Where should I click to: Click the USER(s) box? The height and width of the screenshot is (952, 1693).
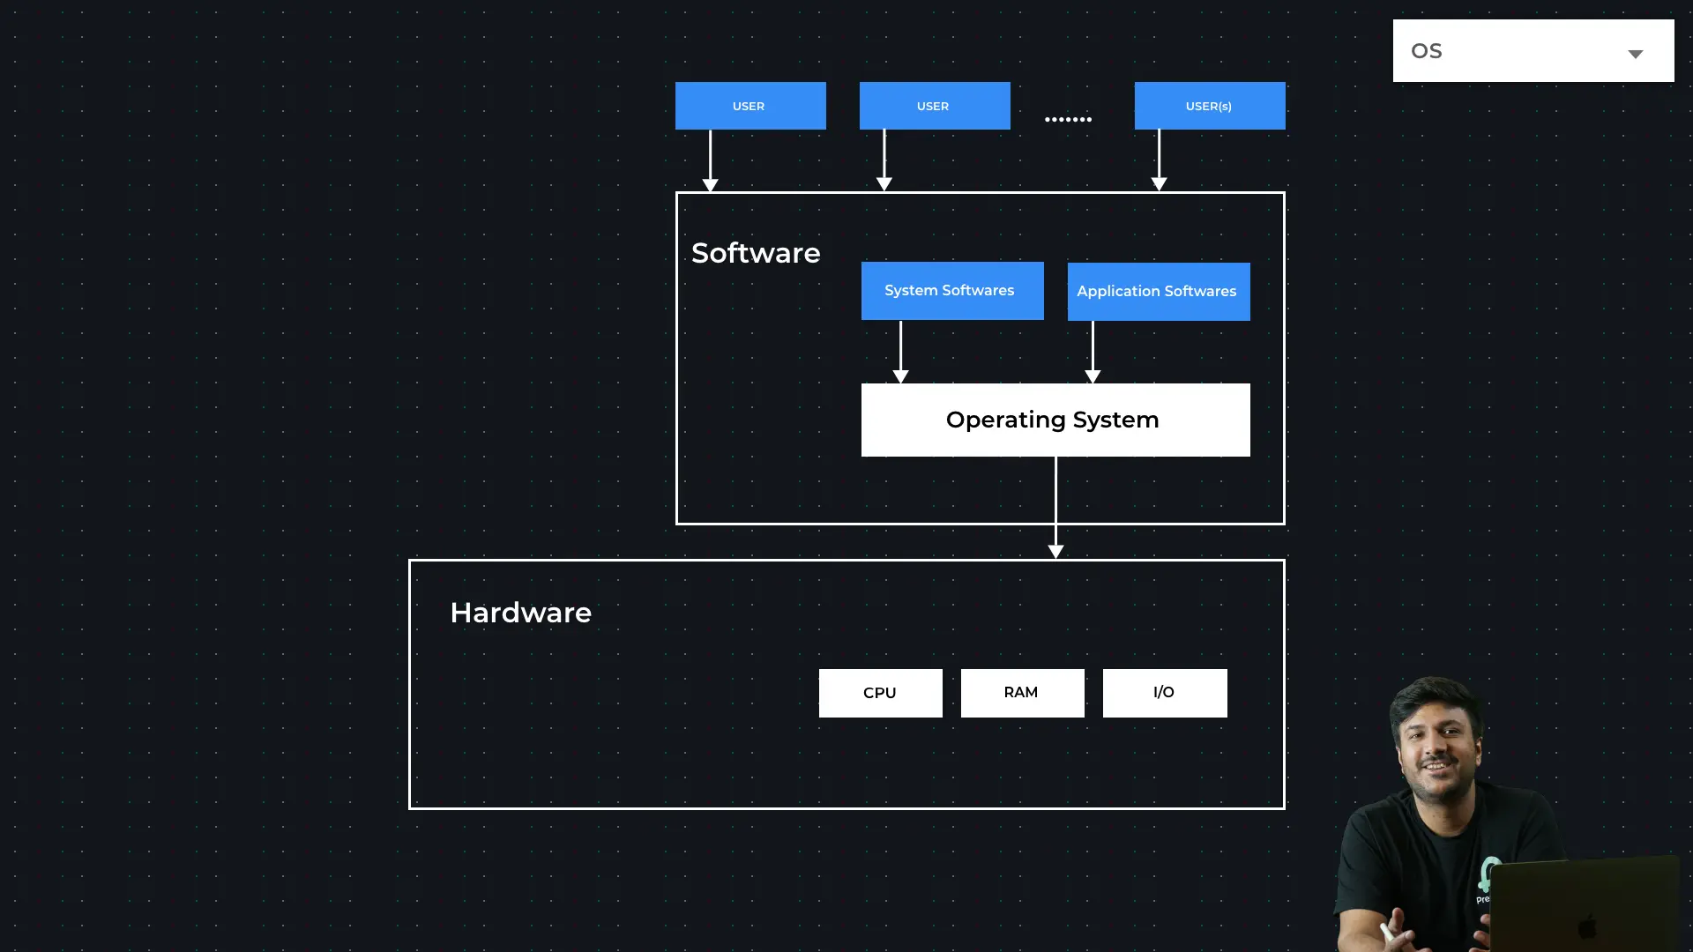click(x=1209, y=106)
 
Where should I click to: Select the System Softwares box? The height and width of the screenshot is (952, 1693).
click(x=951, y=291)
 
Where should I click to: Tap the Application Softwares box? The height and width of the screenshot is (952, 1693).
click(x=1158, y=292)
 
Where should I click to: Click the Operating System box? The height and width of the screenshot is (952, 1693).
click(x=1055, y=420)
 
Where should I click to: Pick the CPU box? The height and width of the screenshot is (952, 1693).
click(x=880, y=693)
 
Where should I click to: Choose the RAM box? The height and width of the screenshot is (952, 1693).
click(x=1022, y=693)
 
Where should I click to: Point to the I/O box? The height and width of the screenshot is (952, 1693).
click(x=1164, y=693)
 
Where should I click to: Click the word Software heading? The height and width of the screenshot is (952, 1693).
click(x=756, y=253)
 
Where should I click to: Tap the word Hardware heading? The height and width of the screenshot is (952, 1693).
click(x=520, y=613)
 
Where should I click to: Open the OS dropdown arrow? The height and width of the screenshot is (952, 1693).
click(x=1635, y=54)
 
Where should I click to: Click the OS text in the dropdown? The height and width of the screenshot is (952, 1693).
click(x=1426, y=51)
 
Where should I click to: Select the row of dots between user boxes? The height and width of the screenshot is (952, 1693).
click(x=1068, y=119)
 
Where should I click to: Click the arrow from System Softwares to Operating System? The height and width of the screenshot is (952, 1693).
click(x=900, y=352)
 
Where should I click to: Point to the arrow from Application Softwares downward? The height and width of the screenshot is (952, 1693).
click(x=1093, y=352)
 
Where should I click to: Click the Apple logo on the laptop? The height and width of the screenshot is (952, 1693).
click(x=1587, y=926)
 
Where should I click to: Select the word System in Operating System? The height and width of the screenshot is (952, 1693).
click(x=1115, y=420)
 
